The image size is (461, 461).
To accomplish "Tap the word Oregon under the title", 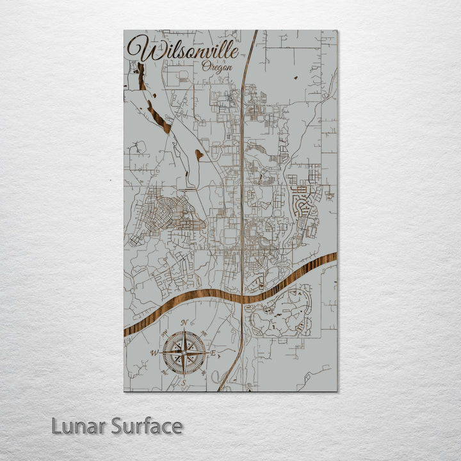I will point(216,66).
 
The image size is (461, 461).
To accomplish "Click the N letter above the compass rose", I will point(184,322).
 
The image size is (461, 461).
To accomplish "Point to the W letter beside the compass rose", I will point(154,353).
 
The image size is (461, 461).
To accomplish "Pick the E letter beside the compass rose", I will point(214,353).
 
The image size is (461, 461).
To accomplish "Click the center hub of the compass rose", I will point(184,353).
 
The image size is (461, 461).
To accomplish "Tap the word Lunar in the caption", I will point(78,426).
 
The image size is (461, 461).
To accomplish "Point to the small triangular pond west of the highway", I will point(199,154).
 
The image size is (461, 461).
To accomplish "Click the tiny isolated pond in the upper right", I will point(296,78).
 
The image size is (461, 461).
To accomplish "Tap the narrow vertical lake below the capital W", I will point(140,76).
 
